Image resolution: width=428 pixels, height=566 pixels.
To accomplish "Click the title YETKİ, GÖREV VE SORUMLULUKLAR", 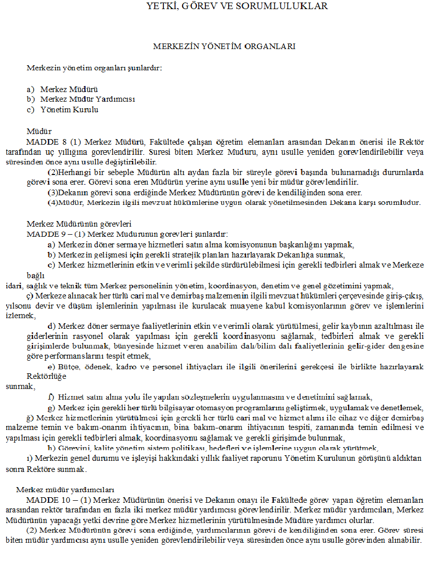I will click(237, 7).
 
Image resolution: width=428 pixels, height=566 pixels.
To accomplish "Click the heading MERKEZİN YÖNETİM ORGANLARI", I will click(224, 46).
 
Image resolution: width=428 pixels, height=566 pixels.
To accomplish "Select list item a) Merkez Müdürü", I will click(69, 89).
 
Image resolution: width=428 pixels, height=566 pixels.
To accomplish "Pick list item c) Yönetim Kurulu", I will click(69, 109).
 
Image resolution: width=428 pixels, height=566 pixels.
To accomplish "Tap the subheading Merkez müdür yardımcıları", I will click(65, 490).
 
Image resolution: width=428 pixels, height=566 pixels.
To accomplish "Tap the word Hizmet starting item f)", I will click(69, 397).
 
